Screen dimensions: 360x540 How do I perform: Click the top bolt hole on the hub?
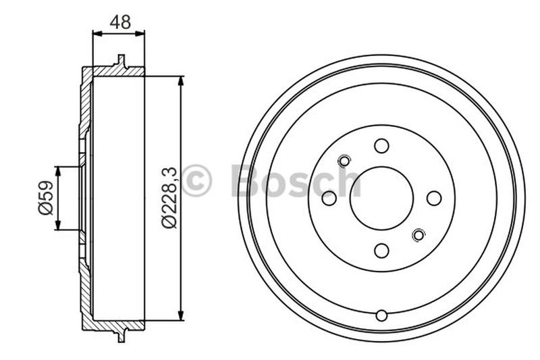(381, 146)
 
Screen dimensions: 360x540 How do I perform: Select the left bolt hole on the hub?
(329, 198)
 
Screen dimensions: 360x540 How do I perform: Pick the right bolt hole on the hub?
(433, 198)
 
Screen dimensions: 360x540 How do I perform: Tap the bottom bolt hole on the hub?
(381, 251)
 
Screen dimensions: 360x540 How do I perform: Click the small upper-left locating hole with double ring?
(344, 161)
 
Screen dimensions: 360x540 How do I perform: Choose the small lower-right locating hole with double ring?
(418, 235)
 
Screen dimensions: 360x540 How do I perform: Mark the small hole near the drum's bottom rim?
(381, 315)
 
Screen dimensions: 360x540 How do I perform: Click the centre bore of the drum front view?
(381, 198)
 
